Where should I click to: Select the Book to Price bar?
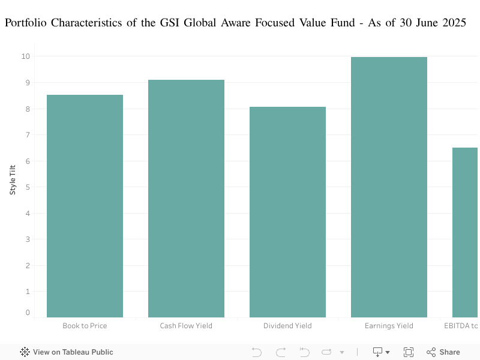pyautogui.click(x=85, y=206)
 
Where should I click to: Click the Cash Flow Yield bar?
pyautogui.click(x=186, y=198)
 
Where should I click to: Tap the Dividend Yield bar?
pyautogui.click(x=287, y=212)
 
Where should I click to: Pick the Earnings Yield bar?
pyautogui.click(x=389, y=187)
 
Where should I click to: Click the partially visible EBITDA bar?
pyautogui.click(x=465, y=232)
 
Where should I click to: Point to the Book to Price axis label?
pyautogui.click(x=85, y=326)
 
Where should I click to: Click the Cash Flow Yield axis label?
pyautogui.click(x=186, y=326)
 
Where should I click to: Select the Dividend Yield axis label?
pyautogui.click(x=287, y=326)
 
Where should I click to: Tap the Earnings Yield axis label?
pyautogui.click(x=389, y=326)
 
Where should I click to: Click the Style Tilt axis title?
pyautogui.click(x=13, y=179)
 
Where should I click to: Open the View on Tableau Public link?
pyautogui.click(x=67, y=352)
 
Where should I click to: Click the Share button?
pyautogui.click(x=443, y=352)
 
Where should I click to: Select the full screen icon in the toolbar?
pyautogui.click(x=409, y=352)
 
